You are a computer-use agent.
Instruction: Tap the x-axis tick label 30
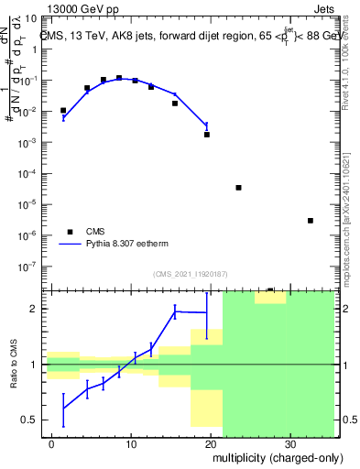289,442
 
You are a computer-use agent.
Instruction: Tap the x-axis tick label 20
211,442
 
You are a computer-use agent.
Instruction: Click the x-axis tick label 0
52,442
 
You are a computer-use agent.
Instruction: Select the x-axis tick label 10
131,442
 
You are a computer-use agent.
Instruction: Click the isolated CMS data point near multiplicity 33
311,221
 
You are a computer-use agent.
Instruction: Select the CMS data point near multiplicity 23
238,188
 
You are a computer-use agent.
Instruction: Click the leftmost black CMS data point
63,111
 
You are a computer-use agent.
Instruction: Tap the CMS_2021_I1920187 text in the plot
190,273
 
